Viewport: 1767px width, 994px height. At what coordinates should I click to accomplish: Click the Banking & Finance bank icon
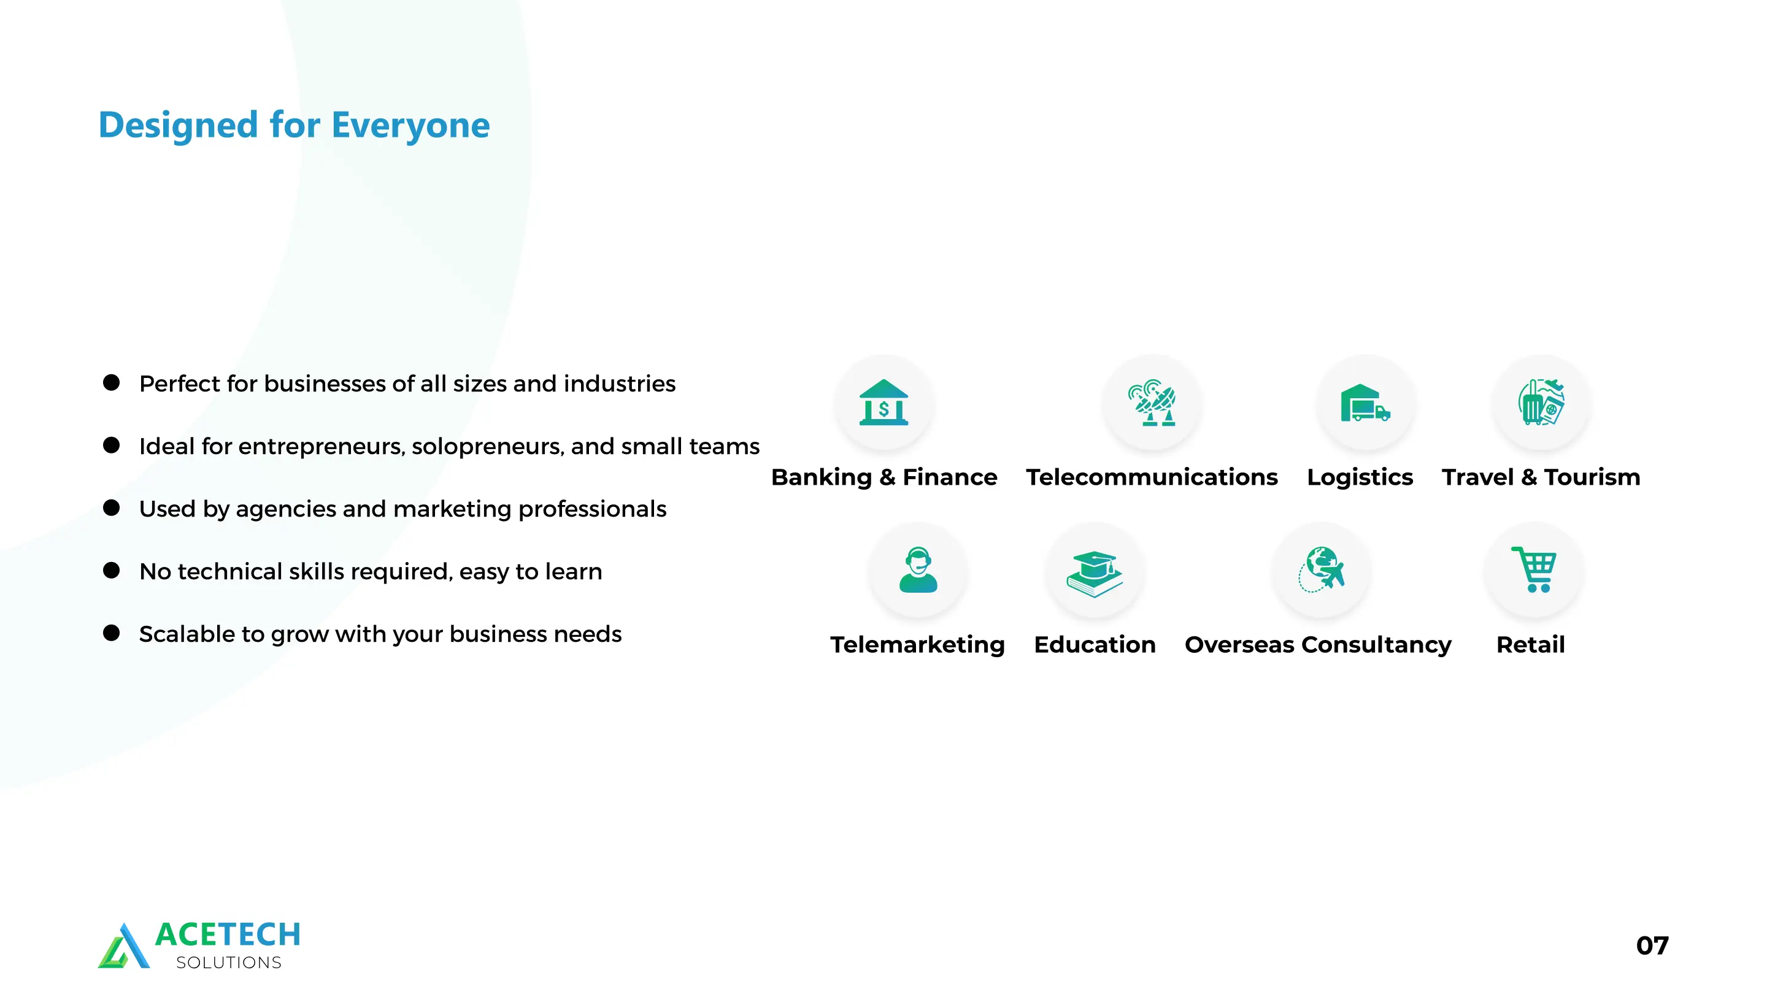click(883, 403)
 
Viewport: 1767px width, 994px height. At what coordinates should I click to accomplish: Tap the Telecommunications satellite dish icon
click(1152, 403)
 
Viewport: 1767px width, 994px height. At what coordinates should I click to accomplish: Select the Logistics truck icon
click(1365, 403)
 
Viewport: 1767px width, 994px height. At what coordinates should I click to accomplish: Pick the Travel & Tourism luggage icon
click(1541, 403)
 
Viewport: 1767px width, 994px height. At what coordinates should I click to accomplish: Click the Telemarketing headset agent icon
click(918, 569)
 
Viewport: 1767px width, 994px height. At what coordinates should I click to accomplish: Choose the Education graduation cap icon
click(1094, 574)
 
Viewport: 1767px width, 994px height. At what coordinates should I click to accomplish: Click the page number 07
click(1652, 946)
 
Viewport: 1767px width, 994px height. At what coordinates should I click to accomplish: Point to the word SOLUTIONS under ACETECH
click(228, 963)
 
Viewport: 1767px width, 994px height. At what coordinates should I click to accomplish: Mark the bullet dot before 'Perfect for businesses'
click(111, 382)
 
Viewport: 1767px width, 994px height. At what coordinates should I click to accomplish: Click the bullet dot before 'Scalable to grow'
click(111, 633)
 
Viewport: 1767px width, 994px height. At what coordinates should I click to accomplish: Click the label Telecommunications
click(1152, 477)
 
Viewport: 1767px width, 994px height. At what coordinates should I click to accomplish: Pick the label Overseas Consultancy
click(1318, 645)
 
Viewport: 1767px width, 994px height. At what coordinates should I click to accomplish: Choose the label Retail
click(1530, 644)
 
